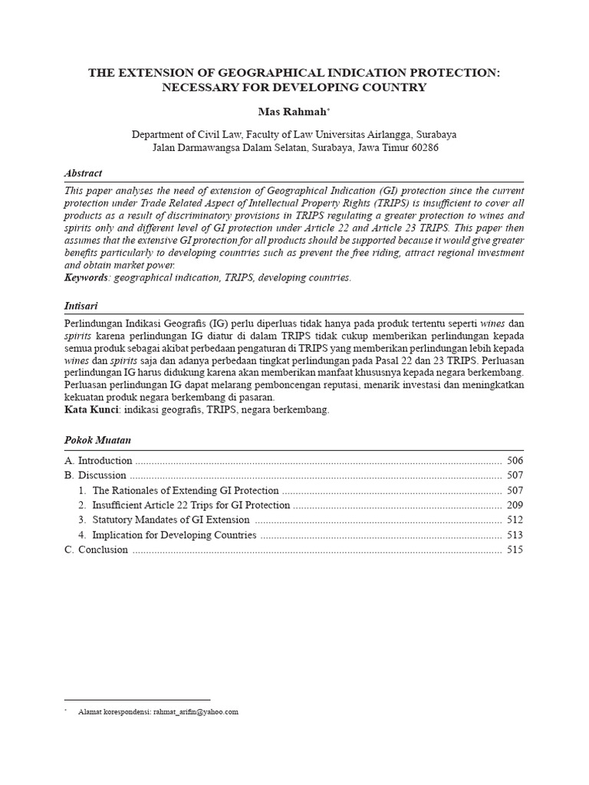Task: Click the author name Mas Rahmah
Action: coord(292,112)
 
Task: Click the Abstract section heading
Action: coord(83,173)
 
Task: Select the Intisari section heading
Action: coord(82,306)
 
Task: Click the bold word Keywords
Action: coord(87,278)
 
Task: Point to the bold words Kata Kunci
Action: coord(90,410)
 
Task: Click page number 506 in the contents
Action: coord(515,461)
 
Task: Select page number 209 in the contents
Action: coord(515,505)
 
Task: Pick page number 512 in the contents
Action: coord(515,521)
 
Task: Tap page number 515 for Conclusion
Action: coord(515,550)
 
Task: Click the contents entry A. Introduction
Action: coord(98,461)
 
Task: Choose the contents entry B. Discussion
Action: coord(95,476)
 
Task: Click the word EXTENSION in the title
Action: coord(155,73)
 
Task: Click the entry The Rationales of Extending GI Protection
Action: coord(186,491)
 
